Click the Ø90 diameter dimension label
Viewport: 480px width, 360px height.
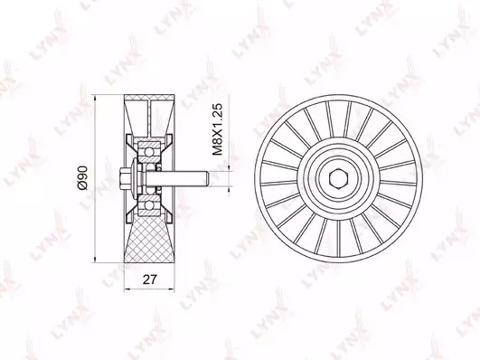83,177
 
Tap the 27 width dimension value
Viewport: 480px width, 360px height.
150,279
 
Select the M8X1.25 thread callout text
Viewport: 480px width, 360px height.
217,129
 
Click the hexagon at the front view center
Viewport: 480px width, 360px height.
338,178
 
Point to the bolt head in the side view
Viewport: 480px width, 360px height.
123,178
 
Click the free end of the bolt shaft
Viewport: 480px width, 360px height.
208,178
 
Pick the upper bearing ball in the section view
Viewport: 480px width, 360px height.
149,152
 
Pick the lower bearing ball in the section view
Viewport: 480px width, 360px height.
149,205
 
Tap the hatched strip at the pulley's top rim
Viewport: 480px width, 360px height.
149,98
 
